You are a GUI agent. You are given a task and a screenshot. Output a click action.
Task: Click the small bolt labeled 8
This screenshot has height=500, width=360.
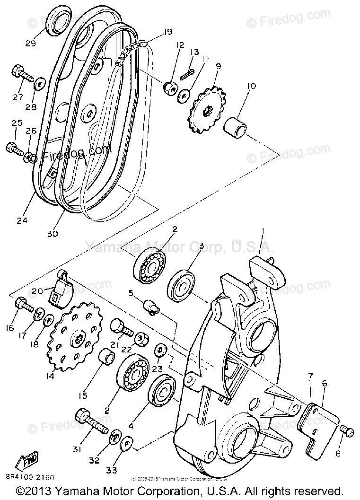pyautogui.click(x=346, y=430)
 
